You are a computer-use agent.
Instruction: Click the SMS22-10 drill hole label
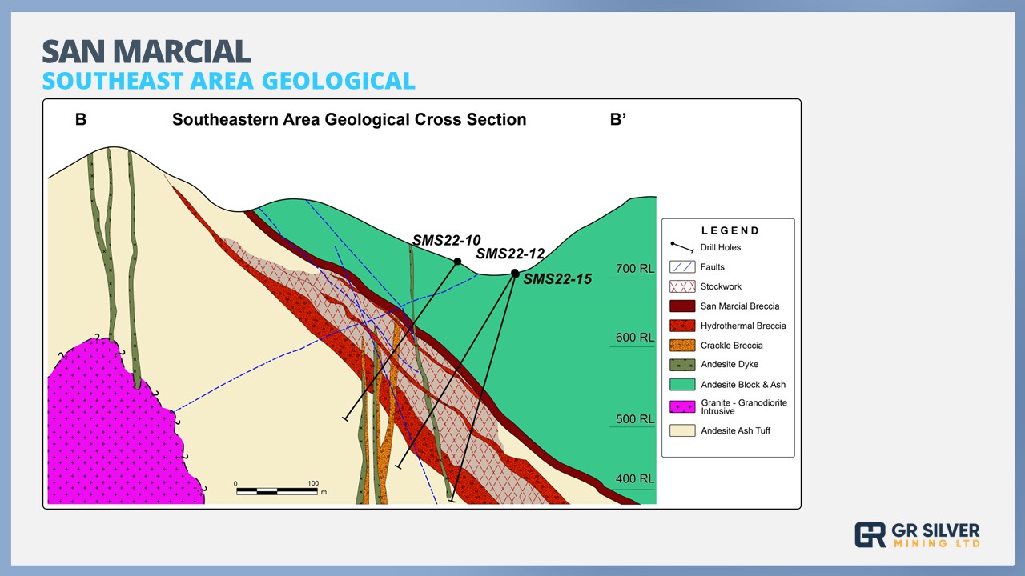(x=447, y=241)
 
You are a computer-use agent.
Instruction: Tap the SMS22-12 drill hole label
(x=510, y=254)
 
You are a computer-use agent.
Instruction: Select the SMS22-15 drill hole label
(x=557, y=279)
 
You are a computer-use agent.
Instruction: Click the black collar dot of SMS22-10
(x=457, y=262)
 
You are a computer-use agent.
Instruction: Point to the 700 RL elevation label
(x=635, y=268)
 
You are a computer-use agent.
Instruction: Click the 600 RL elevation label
(x=635, y=338)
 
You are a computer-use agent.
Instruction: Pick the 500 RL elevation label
(x=635, y=419)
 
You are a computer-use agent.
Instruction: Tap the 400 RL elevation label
(x=635, y=478)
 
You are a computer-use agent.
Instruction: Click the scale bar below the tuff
(x=277, y=491)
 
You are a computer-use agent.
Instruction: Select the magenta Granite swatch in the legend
(x=682, y=406)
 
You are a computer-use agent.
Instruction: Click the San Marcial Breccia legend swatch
(x=682, y=306)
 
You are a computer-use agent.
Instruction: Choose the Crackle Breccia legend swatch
(x=682, y=345)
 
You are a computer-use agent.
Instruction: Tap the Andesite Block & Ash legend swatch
(x=682, y=385)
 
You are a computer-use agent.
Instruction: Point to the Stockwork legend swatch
(x=682, y=286)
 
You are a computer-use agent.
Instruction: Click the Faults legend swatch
(x=682, y=267)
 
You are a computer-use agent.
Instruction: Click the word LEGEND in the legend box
(x=730, y=231)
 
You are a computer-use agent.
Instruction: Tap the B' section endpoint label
(x=618, y=119)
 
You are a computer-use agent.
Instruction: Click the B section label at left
(x=81, y=119)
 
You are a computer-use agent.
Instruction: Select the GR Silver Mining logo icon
(x=870, y=535)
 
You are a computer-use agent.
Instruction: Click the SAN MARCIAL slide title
(x=147, y=52)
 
